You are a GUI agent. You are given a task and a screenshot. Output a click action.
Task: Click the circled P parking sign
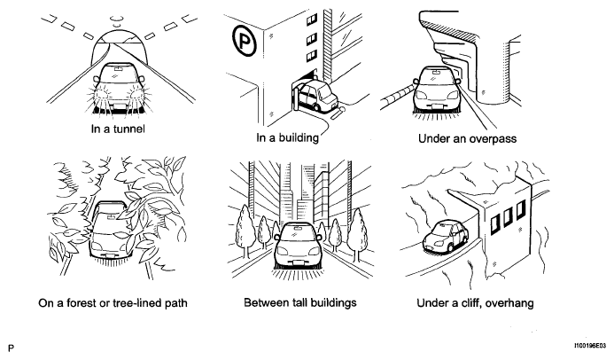click(x=245, y=40)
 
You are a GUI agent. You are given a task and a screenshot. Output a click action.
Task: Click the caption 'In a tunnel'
click(x=118, y=129)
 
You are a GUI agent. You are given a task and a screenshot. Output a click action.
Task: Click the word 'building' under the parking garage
click(x=299, y=138)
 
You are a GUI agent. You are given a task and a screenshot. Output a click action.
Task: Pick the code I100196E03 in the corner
click(x=590, y=346)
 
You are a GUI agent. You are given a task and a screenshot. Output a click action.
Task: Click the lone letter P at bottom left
click(x=11, y=348)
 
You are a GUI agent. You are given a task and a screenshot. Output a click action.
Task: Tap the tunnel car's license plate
click(x=118, y=106)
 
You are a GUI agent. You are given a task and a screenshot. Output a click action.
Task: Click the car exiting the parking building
click(x=317, y=95)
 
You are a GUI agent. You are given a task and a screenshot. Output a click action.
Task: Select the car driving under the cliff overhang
click(x=446, y=235)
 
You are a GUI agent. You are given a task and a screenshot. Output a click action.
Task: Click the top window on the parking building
click(x=312, y=20)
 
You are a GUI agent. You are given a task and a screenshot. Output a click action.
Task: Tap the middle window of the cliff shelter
click(x=508, y=216)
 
